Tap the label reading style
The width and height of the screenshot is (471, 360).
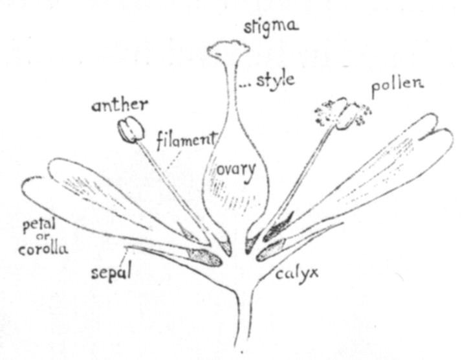point(275,80)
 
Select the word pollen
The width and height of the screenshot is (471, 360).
point(398,86)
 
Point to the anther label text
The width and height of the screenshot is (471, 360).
point(120,105)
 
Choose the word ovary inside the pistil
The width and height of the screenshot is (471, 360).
point(236,172)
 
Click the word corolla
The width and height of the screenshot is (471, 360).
point(43,249)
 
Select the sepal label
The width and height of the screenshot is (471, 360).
point(111,273)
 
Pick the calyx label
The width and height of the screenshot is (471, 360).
point(297,274)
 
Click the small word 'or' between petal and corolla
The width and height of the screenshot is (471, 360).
point(43,237)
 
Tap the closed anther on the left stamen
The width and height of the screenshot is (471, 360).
point(131,130)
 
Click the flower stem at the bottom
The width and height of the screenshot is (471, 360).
point(245,315)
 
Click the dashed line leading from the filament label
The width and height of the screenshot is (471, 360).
point(173,161)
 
